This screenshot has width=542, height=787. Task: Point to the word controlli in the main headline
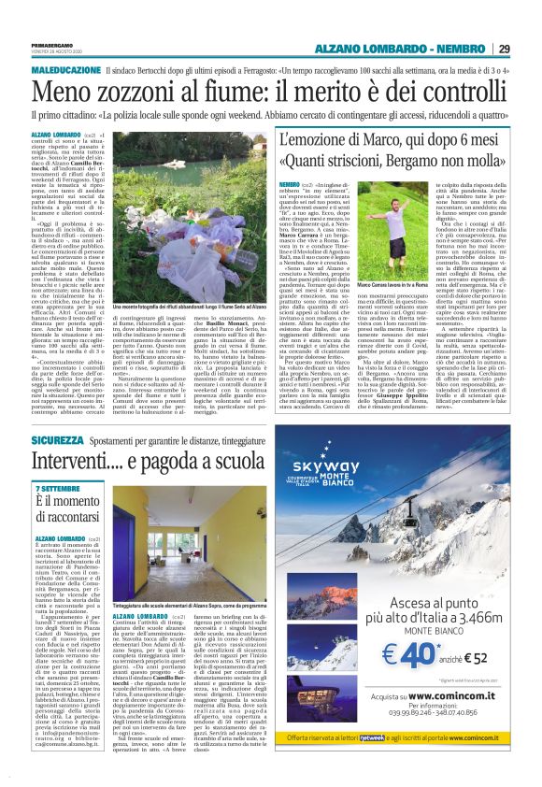[450, 94]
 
